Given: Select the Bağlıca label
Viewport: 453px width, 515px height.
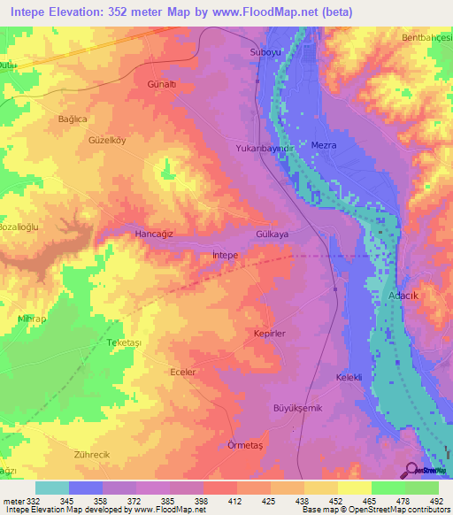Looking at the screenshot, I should [x=73, y=119].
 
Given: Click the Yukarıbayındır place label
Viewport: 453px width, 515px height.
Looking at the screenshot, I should [x=264, y=150].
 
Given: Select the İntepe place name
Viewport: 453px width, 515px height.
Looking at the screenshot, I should [x=226, y=255].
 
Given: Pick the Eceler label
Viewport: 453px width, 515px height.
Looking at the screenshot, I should [x=182, y=373].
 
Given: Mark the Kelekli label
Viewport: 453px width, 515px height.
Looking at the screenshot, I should [x=349, y=378].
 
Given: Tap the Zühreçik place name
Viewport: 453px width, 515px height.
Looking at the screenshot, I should [x=91, y=454].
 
